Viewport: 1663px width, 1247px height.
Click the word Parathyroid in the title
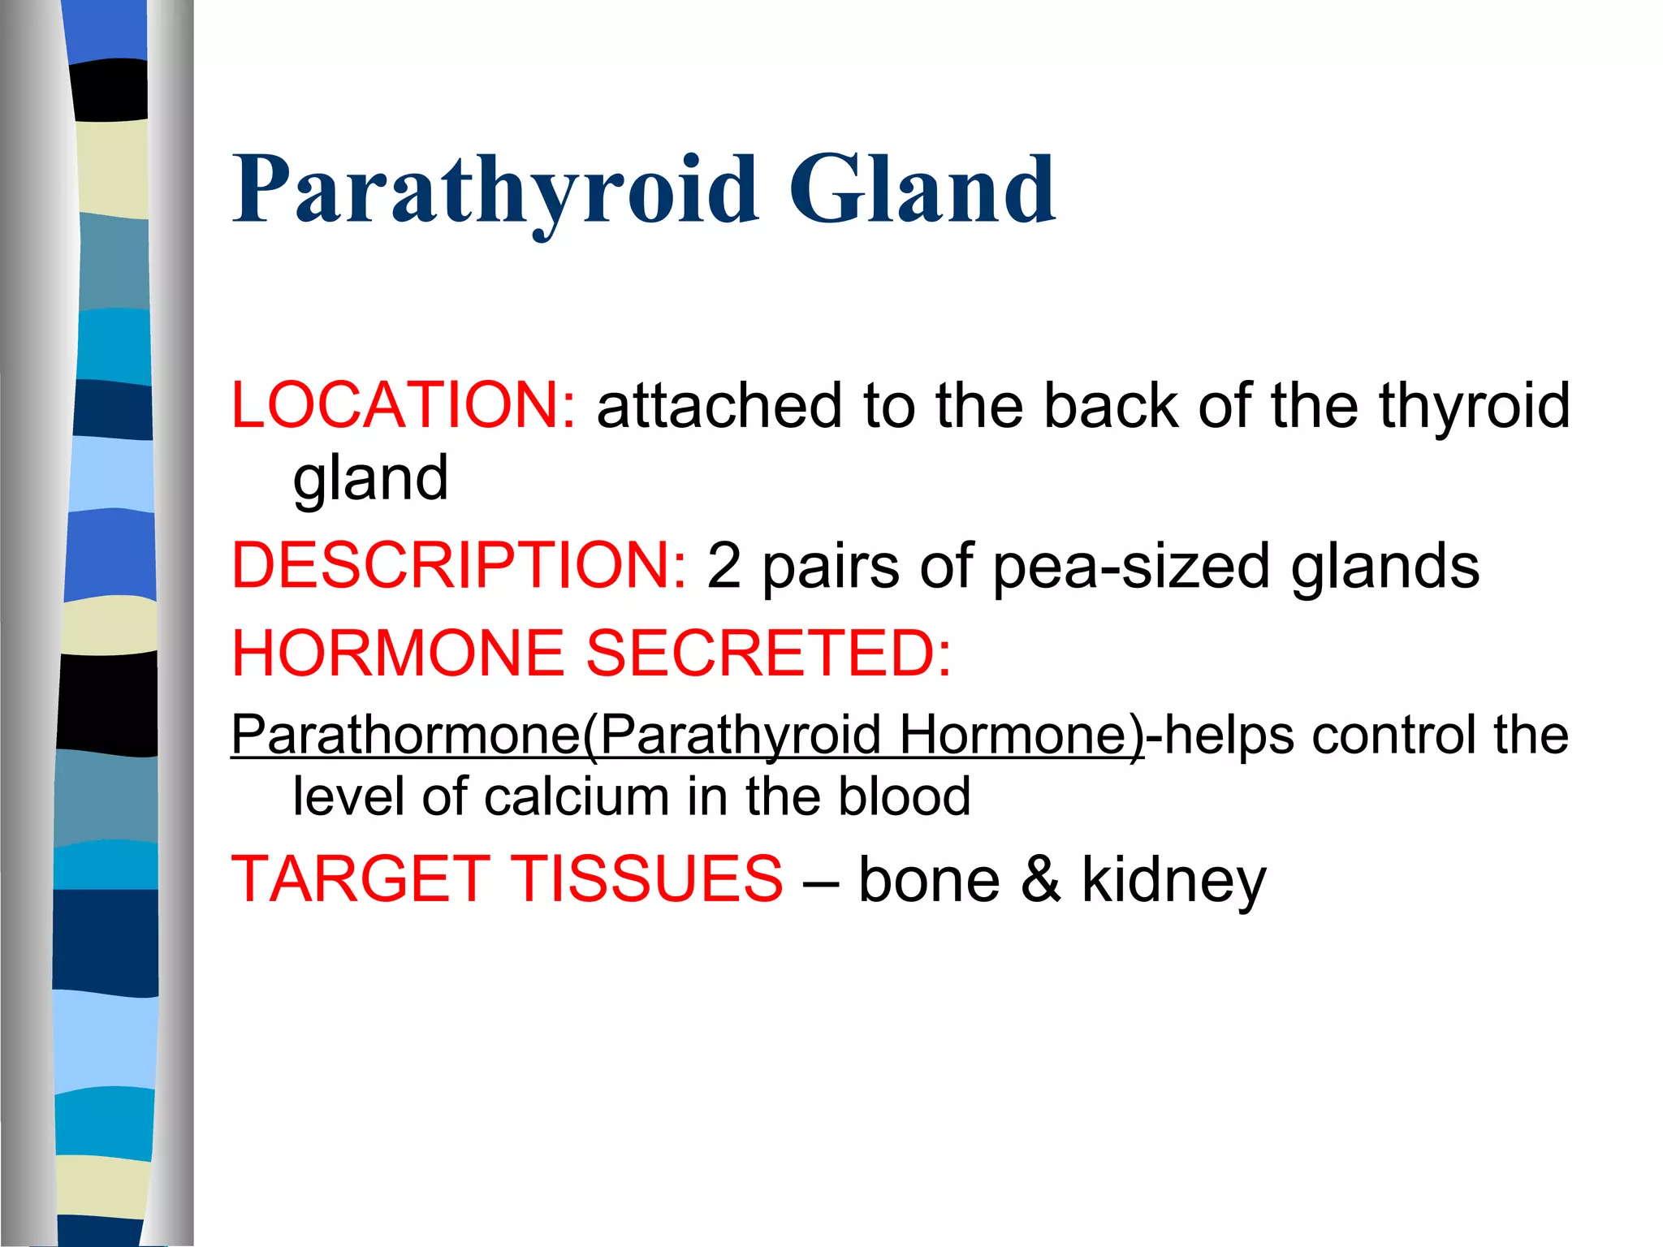495,191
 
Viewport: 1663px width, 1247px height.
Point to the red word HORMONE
398,653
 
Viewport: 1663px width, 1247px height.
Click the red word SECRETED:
768,653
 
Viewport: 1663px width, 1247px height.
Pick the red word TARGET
361,879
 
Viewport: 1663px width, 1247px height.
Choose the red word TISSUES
647,879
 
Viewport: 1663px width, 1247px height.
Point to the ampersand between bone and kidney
1041,879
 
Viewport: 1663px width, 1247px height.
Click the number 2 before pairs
724,566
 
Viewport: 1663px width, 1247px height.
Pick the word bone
929,879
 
